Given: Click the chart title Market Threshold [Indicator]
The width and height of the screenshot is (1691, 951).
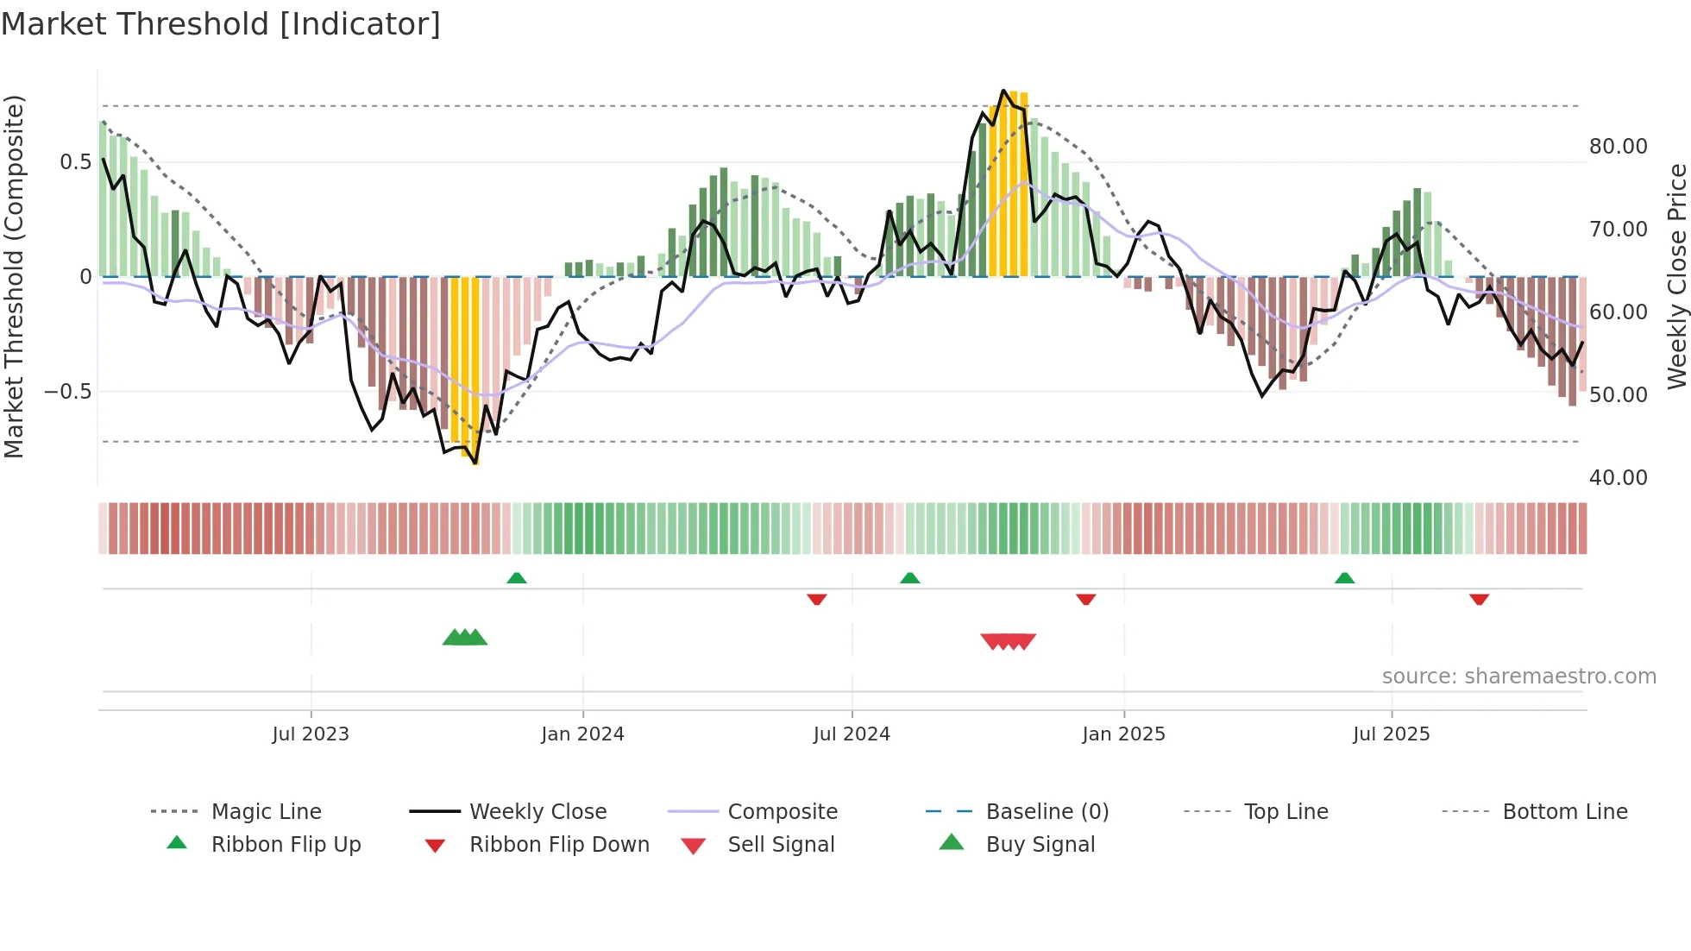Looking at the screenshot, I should pos(221,24).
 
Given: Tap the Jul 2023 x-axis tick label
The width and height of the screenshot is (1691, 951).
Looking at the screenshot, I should pos(311,734).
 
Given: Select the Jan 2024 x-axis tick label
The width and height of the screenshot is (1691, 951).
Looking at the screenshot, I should pos(582,734).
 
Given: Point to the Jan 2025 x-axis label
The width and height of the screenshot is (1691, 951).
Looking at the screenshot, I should pos(1123,734).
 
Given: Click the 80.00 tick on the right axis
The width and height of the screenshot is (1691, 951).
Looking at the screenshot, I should pos(1619,147).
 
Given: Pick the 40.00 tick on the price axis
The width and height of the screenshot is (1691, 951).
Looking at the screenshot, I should pos(1619,478).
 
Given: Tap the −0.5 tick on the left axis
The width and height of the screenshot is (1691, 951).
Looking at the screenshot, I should pos(68,392).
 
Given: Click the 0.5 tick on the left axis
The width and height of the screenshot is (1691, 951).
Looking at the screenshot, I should pos(75,162).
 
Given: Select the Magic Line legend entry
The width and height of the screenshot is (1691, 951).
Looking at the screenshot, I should pos(266,812).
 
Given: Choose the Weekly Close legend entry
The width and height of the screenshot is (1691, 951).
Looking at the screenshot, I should pos(537,812).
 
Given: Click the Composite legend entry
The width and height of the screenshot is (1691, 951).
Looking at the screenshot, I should pos(783,812).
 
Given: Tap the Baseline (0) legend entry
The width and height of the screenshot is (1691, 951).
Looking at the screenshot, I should pos(1047,812).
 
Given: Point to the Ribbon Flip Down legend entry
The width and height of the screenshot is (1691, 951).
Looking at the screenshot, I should pos(559,845).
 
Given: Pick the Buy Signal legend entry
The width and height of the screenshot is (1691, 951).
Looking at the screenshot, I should pos(1040,845).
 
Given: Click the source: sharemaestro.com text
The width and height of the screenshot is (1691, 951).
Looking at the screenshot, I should pos(1518,677).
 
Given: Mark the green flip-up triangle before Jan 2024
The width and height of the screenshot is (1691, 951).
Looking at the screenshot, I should pos(517,578).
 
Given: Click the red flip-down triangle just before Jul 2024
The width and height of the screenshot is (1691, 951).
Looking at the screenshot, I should pos(817,599).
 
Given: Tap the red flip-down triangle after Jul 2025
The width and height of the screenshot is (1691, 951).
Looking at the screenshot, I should pos(1479,599).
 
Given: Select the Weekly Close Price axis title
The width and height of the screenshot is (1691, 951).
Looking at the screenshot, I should pos(1676,276).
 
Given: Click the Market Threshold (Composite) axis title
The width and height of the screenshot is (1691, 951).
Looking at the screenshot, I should pos(15,276).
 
